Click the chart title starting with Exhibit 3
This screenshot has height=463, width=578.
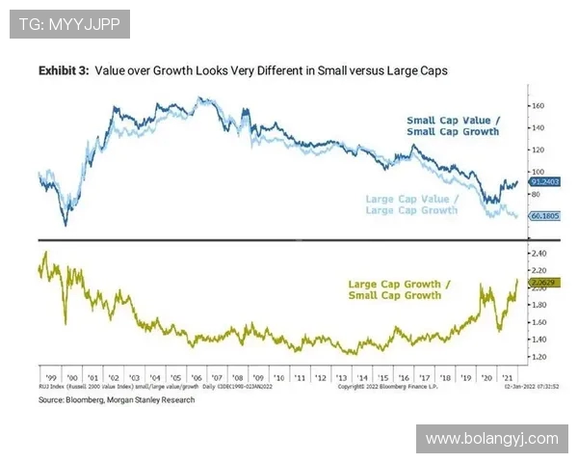coord(243,70)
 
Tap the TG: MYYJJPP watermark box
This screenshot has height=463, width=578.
coord(69,24)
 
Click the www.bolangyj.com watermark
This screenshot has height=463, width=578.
coord(491,439)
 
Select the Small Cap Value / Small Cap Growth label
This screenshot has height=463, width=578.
coord(452,125)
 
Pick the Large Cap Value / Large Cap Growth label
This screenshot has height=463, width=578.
coord(412,204)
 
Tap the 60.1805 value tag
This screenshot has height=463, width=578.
coord(545,217)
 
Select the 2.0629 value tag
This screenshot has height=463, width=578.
coord(545,283)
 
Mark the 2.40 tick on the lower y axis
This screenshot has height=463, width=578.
coord(539,253)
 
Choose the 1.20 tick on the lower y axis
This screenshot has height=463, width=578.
coord(539,357)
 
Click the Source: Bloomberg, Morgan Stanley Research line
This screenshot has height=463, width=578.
coord(116,399)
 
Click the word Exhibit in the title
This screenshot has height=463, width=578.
coord(57,70)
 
